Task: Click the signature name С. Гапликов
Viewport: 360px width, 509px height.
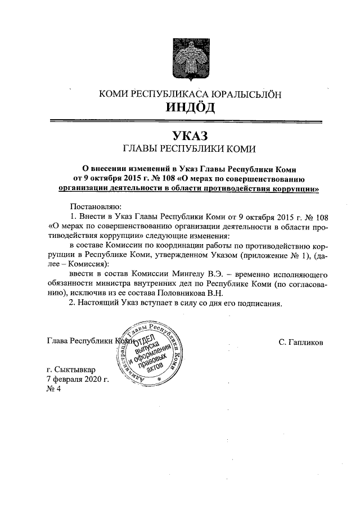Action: coord(300,341)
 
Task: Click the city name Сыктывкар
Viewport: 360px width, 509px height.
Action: coord(76,370)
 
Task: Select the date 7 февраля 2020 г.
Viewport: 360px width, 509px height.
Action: coord(77,380)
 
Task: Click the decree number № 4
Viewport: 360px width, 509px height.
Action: coord(55,390)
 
